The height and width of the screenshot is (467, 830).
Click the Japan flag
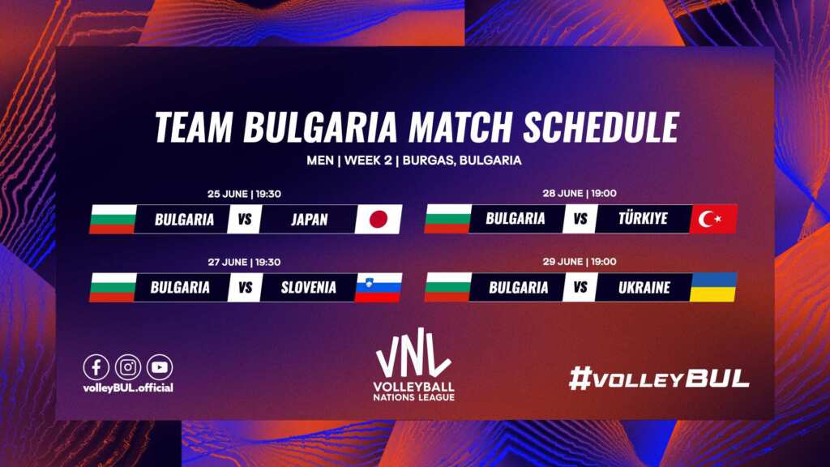coord(379,219)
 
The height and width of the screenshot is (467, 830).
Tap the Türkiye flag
coord(713,219)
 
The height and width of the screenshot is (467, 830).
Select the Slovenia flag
coord(378,288)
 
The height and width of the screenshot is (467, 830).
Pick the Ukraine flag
coord(713,287)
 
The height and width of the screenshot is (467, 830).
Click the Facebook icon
coord(96,367)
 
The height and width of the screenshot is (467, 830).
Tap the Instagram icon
coord(128,367)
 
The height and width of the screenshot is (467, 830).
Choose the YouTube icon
coord(160,367)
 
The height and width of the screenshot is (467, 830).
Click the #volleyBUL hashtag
coord(659,379)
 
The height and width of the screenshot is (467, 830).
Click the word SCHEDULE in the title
coord(601,127)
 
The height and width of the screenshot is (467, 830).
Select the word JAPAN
coord(309,219)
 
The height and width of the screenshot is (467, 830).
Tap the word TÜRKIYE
coord(643,218)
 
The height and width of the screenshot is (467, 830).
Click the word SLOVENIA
coord(309,288)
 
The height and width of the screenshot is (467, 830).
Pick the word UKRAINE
coord(644,288)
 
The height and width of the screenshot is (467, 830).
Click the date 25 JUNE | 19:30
coord(244,194)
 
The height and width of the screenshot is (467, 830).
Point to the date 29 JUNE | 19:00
coord(580,262)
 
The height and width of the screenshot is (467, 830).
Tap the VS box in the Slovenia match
coord(245,288)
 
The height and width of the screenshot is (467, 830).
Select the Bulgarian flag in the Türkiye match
coord(447,219)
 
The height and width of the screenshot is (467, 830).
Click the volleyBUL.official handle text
coord(128,388)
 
